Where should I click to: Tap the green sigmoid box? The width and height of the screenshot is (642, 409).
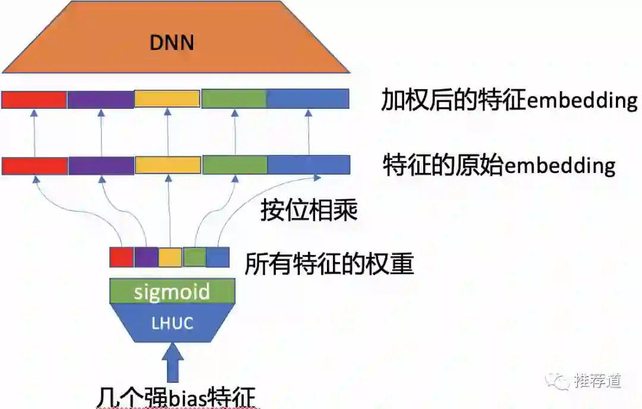pos(172,291)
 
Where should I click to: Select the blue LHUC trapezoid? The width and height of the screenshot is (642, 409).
pos(172,323)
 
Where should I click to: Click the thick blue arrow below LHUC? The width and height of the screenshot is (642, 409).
pos(172,364)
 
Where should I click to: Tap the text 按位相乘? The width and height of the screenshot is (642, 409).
pos(309,210)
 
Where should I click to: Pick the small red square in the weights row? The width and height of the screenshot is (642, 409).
pos(121,257)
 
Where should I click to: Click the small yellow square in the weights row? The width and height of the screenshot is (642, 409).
pos(170,257)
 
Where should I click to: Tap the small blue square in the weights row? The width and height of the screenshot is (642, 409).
pos(218,257)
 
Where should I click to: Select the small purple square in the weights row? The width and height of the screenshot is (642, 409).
pos(146,257)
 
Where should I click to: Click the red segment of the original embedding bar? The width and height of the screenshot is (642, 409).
pos(34,165)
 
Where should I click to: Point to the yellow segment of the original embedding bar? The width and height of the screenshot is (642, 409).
pos(168,165)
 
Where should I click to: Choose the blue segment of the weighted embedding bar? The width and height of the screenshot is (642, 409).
pos(307,99)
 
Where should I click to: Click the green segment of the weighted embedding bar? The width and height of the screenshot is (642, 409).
pos(234,99)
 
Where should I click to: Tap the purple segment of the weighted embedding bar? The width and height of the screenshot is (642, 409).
pos(100,99)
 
